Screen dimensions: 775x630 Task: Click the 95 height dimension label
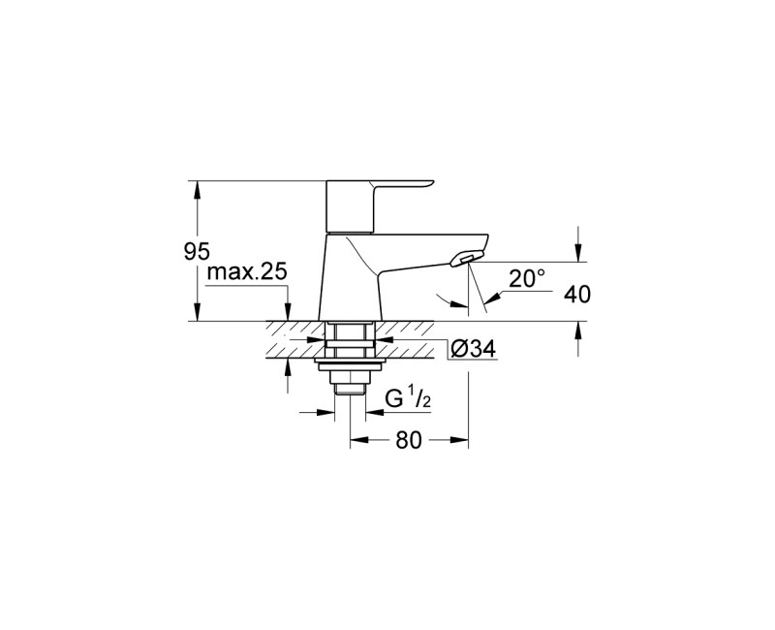197,251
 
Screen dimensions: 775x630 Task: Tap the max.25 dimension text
247,271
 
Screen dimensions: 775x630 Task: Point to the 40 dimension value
577,295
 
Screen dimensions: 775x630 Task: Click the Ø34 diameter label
474,350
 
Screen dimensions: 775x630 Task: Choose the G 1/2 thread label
408,398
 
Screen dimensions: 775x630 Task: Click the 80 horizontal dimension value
409,440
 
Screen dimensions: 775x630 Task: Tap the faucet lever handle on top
380,206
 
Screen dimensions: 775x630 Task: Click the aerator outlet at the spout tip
466,258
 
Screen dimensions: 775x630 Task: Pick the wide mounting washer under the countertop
350,365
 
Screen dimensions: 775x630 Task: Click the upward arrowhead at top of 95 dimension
198,189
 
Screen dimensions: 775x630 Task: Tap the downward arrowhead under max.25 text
287,312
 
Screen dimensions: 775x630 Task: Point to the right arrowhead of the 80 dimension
458,440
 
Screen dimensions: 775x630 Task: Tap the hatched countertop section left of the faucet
295,339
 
